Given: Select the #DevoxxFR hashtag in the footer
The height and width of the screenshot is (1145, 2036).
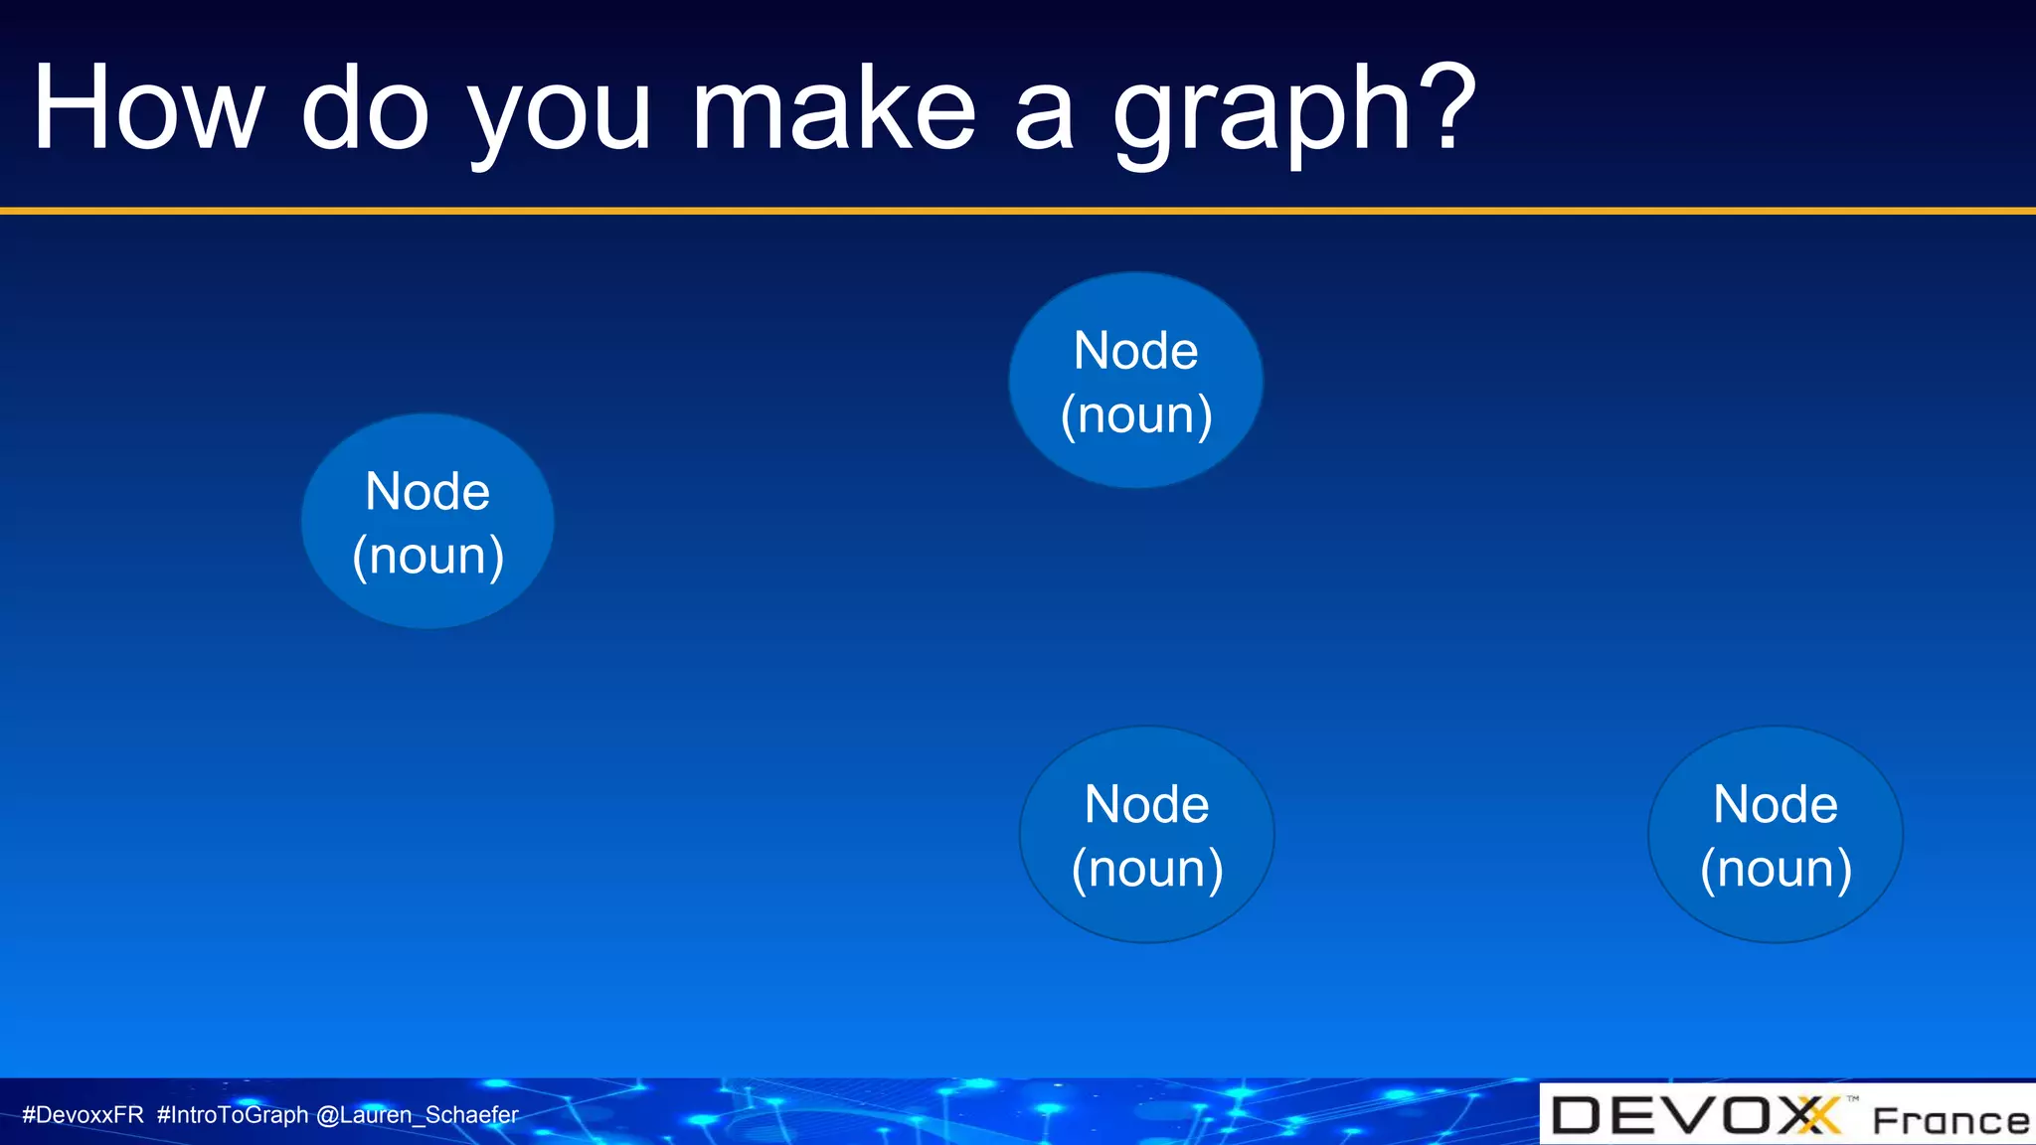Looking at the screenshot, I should coord(84,1115).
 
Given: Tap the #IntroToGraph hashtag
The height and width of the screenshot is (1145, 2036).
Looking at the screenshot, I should coord(233,1115).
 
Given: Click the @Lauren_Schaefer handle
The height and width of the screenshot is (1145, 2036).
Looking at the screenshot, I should coord(418,1115).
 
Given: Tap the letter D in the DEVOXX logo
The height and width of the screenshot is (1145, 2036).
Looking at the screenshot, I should coord(1577,1115).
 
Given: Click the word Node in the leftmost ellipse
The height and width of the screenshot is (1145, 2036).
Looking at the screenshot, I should coord(427,491).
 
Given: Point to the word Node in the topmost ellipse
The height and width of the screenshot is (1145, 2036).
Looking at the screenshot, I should coord(1135,351).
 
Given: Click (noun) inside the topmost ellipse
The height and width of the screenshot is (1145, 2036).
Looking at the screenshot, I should coord(1136,414).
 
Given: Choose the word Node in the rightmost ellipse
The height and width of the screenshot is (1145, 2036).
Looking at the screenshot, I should coord(1776,804).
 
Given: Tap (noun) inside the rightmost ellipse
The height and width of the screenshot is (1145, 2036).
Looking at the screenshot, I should coord(1776,869).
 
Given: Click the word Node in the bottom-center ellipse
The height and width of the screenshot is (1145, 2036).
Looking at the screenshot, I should coord(1146,804).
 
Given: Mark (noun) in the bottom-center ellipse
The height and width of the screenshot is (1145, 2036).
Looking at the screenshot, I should coord(1147,869).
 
